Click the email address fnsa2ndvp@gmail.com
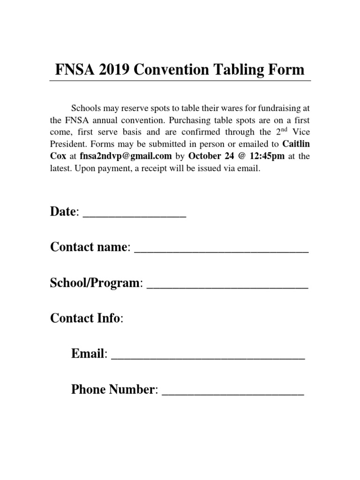click(126, 157)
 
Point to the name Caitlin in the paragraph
click(296, 144)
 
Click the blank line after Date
click(135, 214)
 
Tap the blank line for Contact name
click(221, 249)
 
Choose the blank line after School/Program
click(227, 284)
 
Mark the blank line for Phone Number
click(233, 390)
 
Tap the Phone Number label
click(113, 390)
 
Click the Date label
click(63, 212)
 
